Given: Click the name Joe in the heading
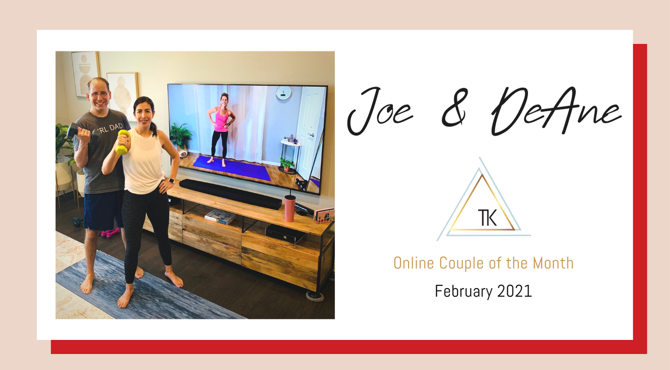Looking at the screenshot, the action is (380, 111).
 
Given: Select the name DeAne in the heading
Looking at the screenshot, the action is (556, 111).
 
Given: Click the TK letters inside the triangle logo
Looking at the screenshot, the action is (487, 218).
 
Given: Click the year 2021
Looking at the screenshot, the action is (514, 291).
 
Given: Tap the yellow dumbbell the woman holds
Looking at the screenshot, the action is (122, 142).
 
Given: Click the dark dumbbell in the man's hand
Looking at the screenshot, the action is (83, 133).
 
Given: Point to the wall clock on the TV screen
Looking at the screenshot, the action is (283, 92).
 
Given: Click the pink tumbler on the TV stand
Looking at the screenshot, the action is (290, 208).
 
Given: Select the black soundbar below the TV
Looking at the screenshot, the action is (230, 194).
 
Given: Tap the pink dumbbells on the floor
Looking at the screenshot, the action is (110, 232).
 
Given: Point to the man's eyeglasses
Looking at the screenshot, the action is (99, 94).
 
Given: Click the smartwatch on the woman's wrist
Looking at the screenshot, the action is (172, 181).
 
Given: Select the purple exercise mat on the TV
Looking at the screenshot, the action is (232, 167).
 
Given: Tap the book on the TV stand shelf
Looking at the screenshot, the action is (220, 217).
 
